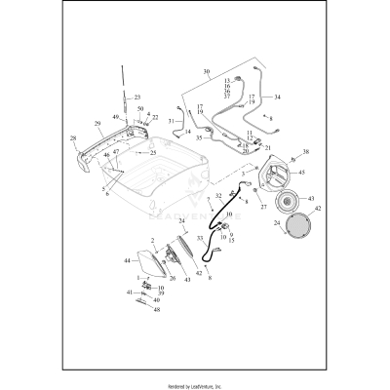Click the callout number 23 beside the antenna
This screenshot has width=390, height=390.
tap(137, 97)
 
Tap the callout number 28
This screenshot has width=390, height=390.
tap(74, 139)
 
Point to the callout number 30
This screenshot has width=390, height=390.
tap(206, 73)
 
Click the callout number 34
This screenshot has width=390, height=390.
tap(276, 97)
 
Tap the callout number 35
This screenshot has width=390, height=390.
tap(198, 138)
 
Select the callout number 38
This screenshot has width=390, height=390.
tap(305, 152)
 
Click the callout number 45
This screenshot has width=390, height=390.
tap(300, 173)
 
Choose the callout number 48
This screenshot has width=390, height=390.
tap(156, 309)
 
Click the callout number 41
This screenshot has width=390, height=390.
tap(129, 292)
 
